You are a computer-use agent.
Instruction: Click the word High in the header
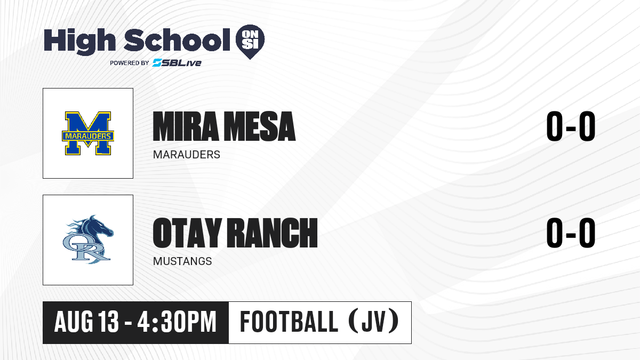(79, 42)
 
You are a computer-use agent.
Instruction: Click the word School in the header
(177, 40)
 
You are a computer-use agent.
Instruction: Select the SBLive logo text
(177, 62)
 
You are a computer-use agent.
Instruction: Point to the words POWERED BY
(130, 63)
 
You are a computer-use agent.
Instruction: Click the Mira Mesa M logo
(88, 133)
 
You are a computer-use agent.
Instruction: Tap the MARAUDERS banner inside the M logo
(88, 136)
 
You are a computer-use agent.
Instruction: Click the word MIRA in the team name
(186, 126)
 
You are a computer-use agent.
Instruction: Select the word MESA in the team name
(260, 126)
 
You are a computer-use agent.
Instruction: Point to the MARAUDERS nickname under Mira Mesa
(187, 155)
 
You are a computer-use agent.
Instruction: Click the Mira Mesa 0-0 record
(571, 126)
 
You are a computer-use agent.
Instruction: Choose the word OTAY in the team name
(187, 233)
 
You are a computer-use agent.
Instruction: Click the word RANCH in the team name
(273, 233)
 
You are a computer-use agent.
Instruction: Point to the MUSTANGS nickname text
(182, 261)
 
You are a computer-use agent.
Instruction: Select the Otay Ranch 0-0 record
(571, 233)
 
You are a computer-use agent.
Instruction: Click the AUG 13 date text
(86, 322)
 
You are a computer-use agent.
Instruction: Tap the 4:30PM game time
(177, 322)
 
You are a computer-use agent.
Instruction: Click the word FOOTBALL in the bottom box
(289, 322)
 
